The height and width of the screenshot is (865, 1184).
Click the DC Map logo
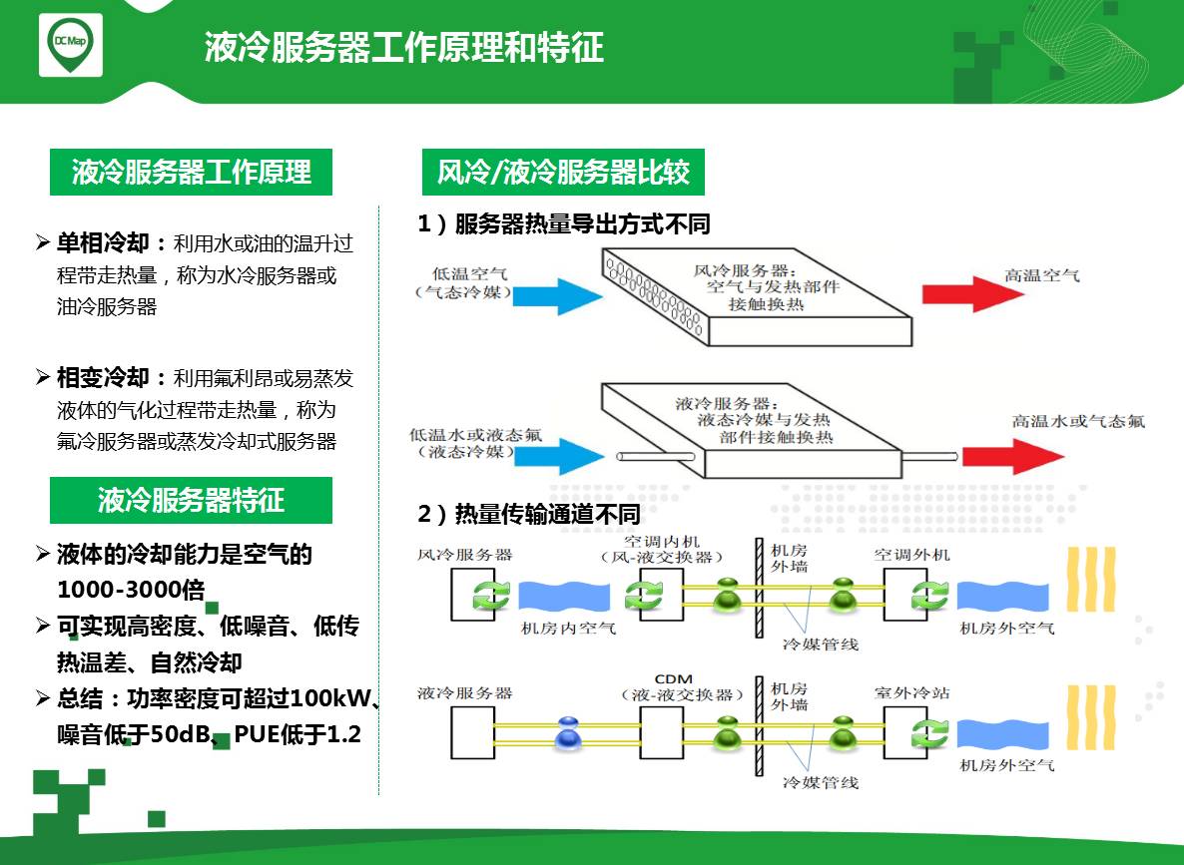point(70,46)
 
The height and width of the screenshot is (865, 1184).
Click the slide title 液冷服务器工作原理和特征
point(404,47)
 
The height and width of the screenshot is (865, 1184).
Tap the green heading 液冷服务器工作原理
point(191,173)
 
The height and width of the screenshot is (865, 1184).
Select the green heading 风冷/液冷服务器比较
point(563,173)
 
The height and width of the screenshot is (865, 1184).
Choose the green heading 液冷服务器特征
point(191,500)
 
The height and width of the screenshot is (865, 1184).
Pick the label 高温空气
point(1041,274)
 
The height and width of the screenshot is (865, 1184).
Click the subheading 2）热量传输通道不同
point(528,514)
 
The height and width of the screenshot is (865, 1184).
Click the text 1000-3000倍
point(131,589)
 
